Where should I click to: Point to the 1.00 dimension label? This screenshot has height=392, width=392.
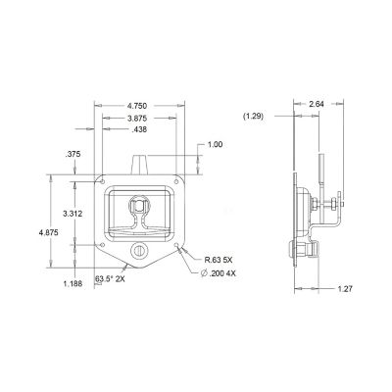(215, 145)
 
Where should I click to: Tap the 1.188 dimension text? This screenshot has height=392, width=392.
(73, 284)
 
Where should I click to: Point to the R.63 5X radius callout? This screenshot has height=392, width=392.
(221, 261)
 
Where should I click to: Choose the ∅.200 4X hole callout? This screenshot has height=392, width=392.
(221, 274)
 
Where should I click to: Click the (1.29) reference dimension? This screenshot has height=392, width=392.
(254, 117)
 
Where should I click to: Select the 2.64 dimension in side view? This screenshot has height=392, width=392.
(317, 103)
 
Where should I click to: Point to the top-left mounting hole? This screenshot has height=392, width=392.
(103, 180)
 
